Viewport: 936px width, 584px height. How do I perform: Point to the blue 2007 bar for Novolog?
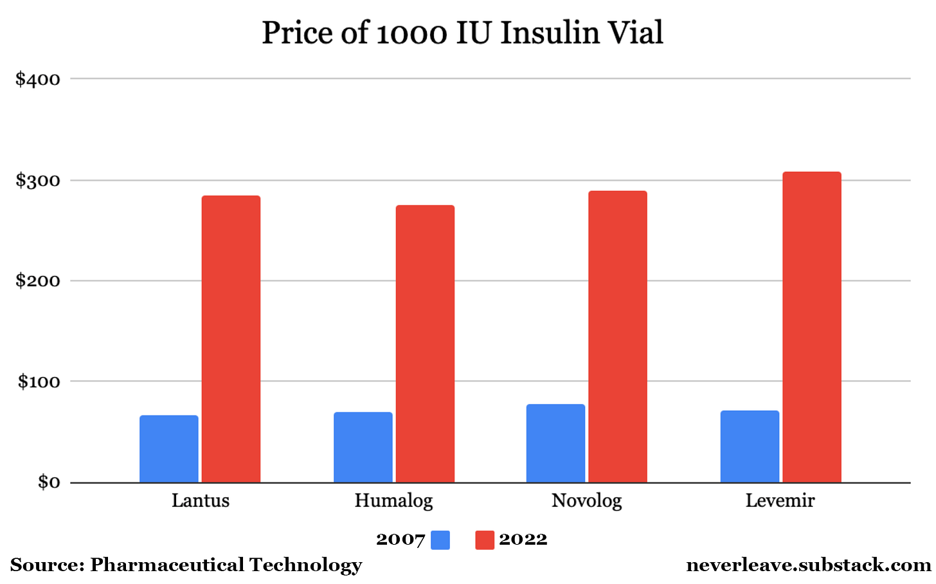555,443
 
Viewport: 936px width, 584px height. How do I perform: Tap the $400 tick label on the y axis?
38,80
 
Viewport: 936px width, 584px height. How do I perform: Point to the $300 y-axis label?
38,181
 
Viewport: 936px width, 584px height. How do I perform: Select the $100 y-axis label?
39,382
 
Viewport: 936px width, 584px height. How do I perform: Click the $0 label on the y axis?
48,482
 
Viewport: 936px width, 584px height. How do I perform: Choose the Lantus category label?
200,501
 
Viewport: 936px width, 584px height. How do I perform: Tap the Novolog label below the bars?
586,501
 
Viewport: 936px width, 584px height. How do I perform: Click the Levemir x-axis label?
780,501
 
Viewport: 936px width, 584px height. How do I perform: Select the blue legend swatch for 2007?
440,540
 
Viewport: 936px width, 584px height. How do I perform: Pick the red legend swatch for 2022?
484,540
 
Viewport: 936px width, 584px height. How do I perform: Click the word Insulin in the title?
540,33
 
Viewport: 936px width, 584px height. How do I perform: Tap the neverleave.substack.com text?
808,565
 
